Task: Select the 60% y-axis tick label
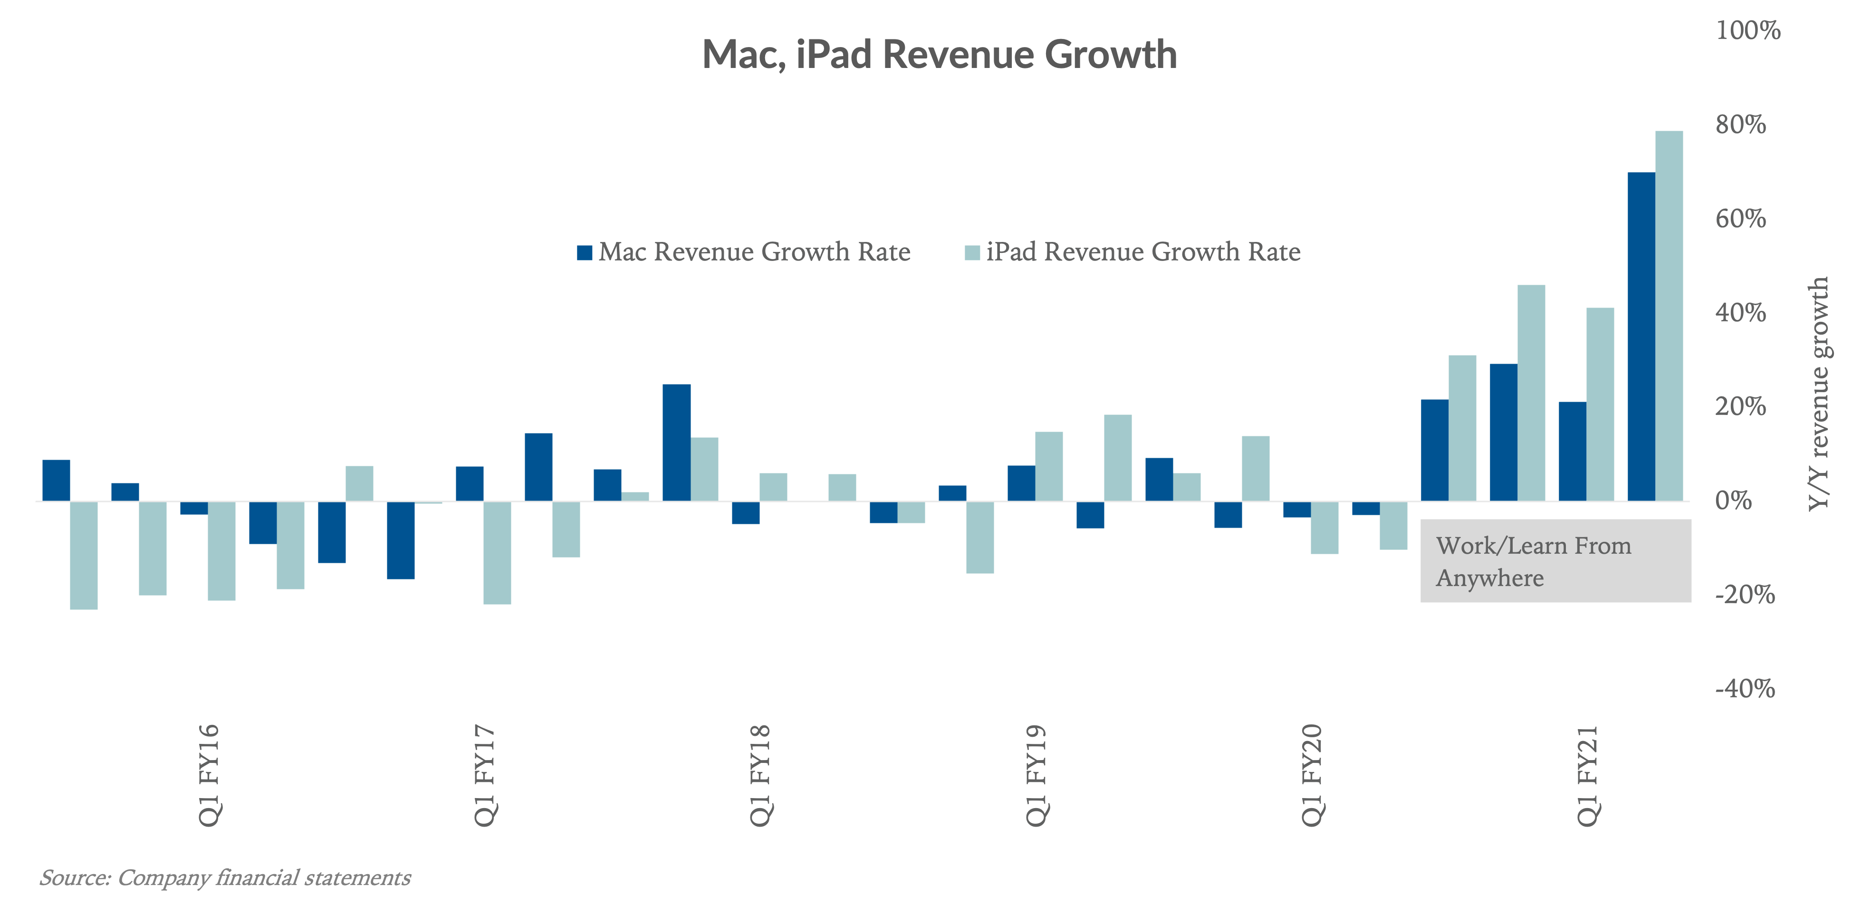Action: (x=1740, y=218)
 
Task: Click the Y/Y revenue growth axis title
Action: (x=1818, y=394)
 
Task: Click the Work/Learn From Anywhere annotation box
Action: (x=1555, y=561)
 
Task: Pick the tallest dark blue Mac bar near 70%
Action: (x=1641, y=336)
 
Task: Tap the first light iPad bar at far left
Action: (x=84, y=555)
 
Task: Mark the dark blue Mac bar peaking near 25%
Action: (x=677, y=443)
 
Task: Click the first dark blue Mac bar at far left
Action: (x=57, y=480)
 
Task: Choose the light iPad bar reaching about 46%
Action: (x=1531, y=393)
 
